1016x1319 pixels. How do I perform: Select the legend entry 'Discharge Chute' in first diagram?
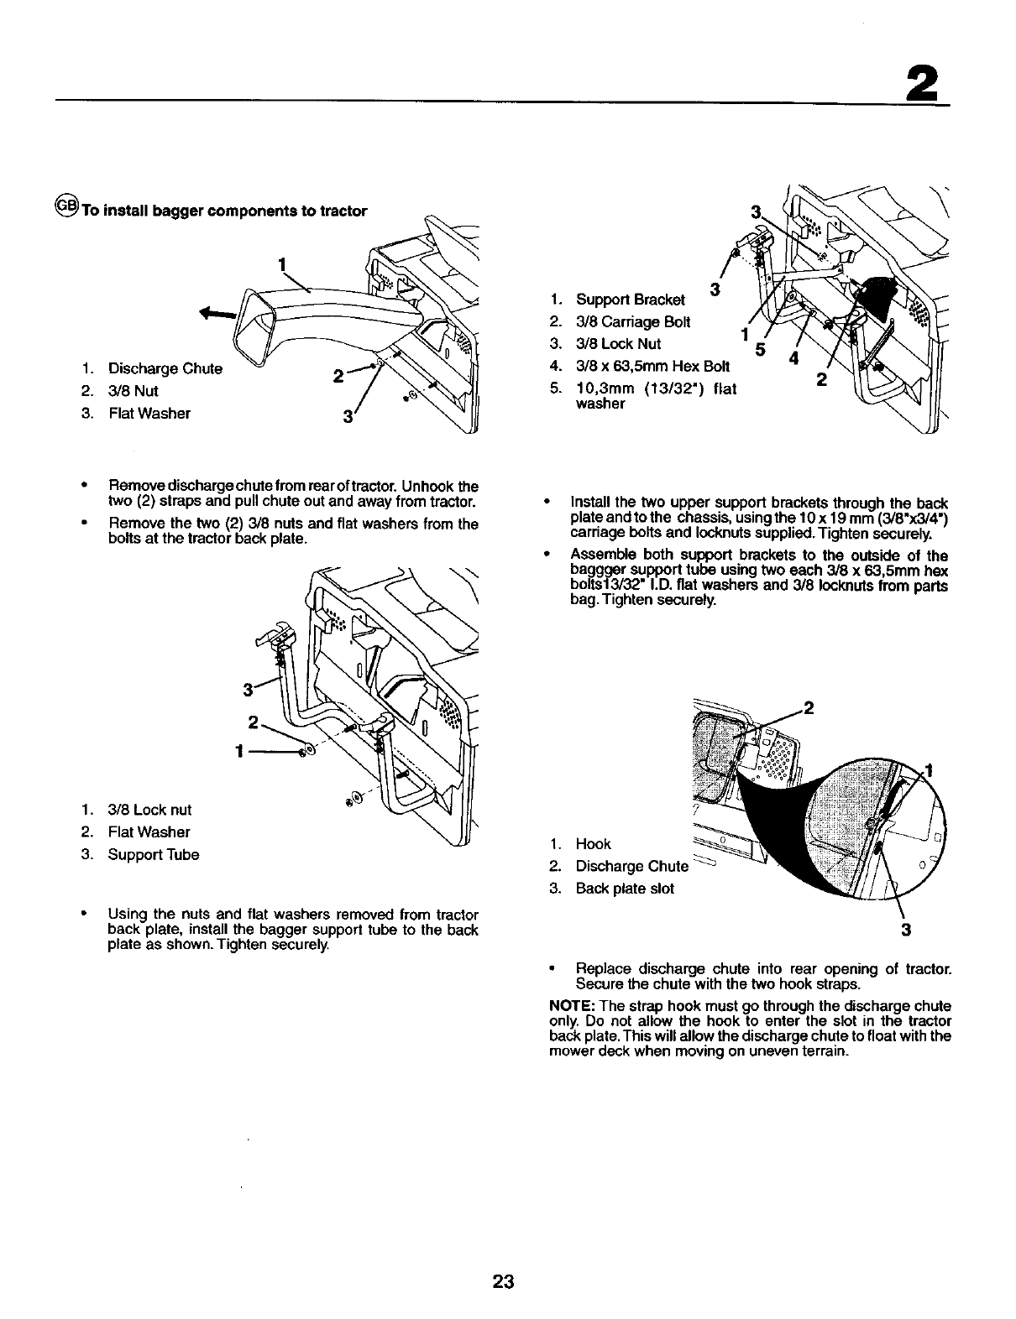(x=165, y=368)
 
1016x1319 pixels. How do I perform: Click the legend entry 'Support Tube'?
(x=154, y=855)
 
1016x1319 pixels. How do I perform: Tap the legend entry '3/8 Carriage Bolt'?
(x=632, y=321)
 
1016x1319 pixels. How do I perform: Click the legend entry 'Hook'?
(x=593, y=844)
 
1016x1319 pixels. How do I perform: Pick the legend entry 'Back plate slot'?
(x=624, y=889)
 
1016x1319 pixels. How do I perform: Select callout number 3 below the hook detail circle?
(x=906, y=930)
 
